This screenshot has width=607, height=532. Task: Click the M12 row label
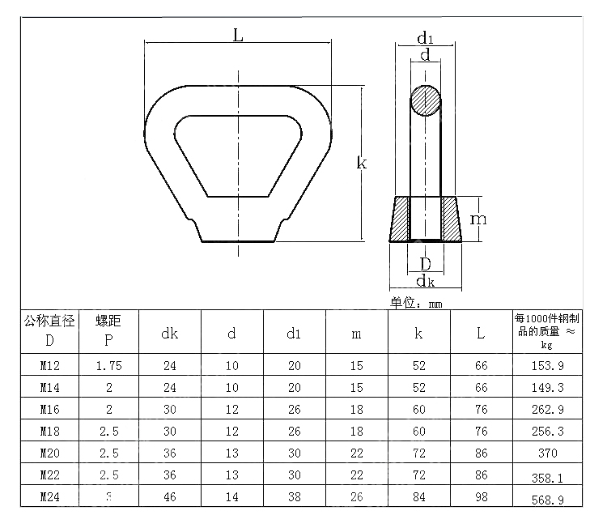[x=50, y=366]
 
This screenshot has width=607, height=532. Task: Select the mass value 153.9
[x=547, y=366]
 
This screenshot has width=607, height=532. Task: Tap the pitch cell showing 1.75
[x=108, y=366]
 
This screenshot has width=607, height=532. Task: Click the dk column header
[x=169, y=332]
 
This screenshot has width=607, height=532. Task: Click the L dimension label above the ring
[x=238, y=35]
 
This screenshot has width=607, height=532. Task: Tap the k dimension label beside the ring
[x=362, y=163]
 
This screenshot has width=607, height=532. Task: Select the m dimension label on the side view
[x=479, y=219]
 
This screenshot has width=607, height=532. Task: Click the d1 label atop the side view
[x=425, y=38]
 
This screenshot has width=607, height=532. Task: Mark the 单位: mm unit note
[x=417, y=304]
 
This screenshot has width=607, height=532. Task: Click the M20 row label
[x=50, y=454]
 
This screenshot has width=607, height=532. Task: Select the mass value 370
[x=547, y=454]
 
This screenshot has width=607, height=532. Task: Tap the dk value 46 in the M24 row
[x=169, y=498]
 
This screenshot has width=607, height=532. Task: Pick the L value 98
[x=482, y=498]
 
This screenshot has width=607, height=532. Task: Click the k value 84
[x=418, y=498]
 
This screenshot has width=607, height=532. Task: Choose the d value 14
[x=232, y=498]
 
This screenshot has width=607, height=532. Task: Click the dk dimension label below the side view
[x=425, y=281]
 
